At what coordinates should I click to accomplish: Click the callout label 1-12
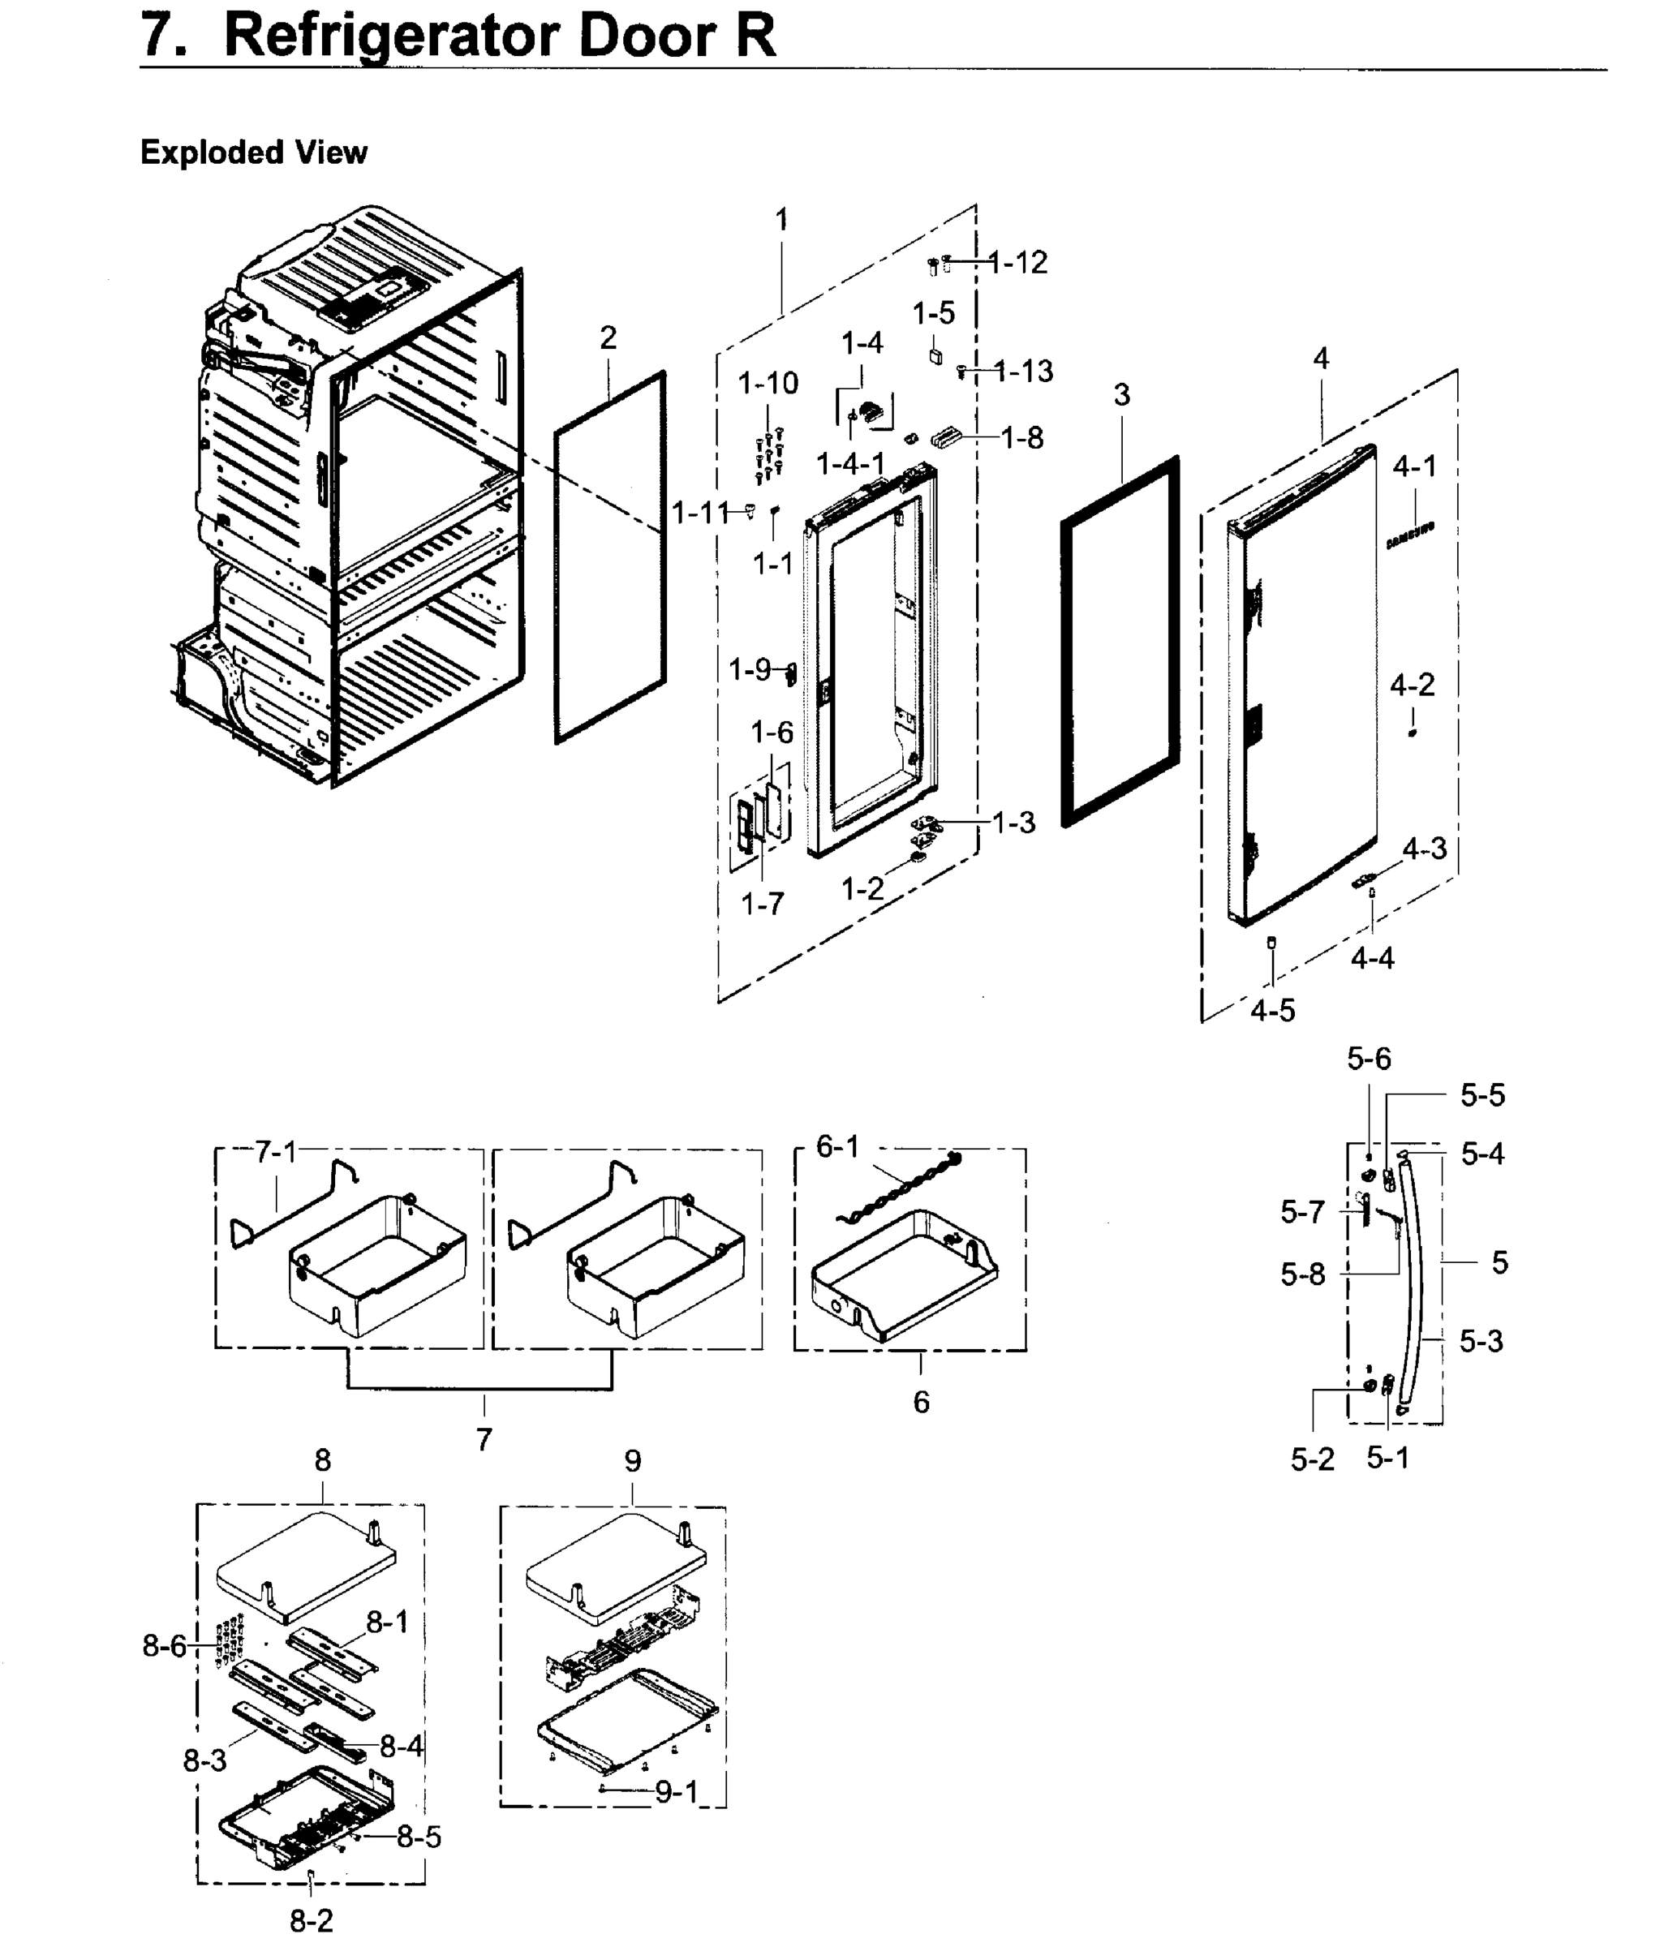[x=1018, y=262]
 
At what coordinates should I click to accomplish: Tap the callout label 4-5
[x=1272, y=1010]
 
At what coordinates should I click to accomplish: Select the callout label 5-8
[x=1302, y=1274]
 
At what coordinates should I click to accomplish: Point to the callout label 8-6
[x=165, y=1645]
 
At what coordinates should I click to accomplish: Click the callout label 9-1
[x=676, y=1792]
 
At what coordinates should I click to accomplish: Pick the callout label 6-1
[x=836, y=1146]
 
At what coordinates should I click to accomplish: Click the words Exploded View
[x=253, y=153]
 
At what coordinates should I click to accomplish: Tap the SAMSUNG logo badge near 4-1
[x=1409, y=535]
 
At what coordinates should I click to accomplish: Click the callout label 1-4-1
[x=849, y=463]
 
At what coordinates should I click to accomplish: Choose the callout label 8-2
[x=310, y=1921]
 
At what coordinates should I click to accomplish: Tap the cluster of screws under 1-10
[x=769, y=456]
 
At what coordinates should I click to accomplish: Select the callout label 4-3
[x=1424, y=849]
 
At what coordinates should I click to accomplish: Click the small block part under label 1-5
[x=935, y=355]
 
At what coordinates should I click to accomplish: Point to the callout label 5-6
[x=1368, y=1059]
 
